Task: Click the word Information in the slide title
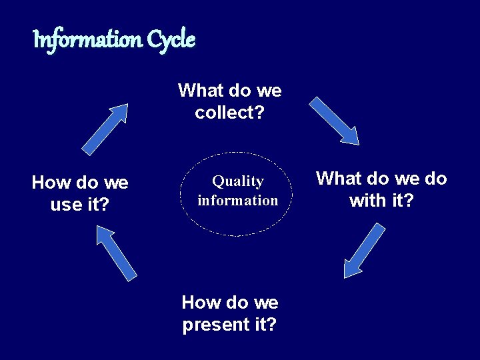tap(87, 41)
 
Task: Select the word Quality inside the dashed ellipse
tap(238, 181)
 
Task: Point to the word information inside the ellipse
tap(238, 200)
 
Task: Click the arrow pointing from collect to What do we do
tap(335, 121)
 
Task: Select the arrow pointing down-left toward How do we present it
tap(364, 251)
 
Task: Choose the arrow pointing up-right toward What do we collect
tap(105, 129)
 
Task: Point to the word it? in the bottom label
tap(263, 325)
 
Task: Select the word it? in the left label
tap(97, 205)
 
